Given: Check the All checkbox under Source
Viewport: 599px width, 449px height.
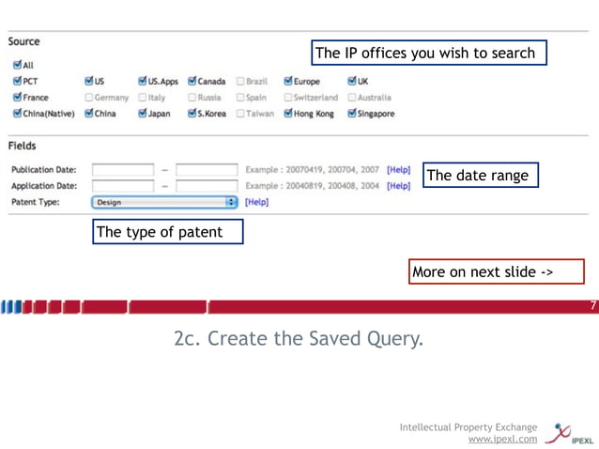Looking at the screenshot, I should [18, 66].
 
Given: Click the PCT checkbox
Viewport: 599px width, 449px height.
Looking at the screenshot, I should [18, 82].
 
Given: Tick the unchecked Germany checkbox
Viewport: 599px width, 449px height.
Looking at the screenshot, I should [89, 98].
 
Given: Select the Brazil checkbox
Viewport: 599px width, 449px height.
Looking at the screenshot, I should [240, 82].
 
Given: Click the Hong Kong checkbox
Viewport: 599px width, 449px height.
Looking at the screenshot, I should [288, 114].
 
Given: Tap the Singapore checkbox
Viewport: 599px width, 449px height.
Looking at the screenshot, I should [352, 114].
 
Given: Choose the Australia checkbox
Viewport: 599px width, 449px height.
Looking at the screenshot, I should [352, 98].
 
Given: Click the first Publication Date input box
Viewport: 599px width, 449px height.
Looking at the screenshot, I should [123, 170].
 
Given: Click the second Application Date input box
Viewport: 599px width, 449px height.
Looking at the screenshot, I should [207, 186].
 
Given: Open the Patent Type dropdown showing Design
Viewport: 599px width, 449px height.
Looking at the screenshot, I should [165, 202].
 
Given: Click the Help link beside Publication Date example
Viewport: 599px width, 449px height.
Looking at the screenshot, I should [398, 170].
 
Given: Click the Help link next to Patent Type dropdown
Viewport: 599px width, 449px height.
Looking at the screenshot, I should [256, 202].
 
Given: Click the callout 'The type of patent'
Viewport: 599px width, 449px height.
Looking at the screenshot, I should [167, 232].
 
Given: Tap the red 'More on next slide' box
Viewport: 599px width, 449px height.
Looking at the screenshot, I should [497, 272].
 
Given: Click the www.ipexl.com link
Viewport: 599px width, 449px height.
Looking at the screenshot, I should [502, 439].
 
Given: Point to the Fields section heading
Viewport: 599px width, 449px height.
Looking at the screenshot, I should [23, 147].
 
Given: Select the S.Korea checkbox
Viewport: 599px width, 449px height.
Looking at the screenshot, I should [192, 114].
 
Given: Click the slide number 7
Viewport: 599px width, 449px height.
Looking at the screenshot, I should [592, 306].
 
